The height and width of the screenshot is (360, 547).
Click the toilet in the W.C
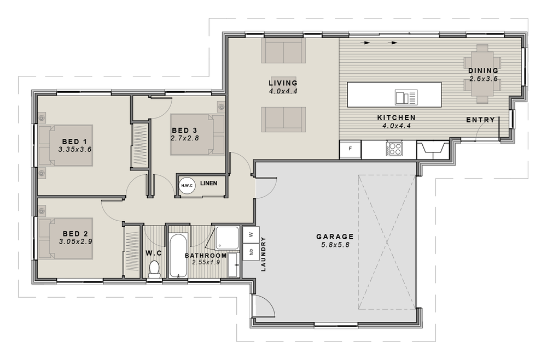(x=154, y=270)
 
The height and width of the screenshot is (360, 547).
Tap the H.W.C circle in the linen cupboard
(x=187, y=185)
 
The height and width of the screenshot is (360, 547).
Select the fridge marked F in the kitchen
(x=350, y=149)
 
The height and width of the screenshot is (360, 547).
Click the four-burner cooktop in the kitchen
(x=394, y=149)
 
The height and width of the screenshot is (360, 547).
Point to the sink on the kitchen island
(x=406, y=97)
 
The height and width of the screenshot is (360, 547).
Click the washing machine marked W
(x=251, y=234)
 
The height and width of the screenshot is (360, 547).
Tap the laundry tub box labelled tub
(x=251, y=252)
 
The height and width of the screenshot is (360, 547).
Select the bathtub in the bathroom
(x=178, y=256)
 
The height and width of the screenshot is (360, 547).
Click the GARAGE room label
(x=335, y=237)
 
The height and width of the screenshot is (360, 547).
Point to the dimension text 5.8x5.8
(x=335, y=245)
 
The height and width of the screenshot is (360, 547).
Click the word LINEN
(x=208, y=184)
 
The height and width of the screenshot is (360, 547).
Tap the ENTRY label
(x=480, y=120)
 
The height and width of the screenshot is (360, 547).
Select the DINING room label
(x=483, y=71)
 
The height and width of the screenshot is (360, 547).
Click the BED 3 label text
(x=184, y=131)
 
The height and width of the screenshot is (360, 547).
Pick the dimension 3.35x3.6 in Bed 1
(x=74, y=150)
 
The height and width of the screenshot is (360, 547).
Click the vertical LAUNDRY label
(x=264, y=254)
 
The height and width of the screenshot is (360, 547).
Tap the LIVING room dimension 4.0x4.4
(x=283, y=91)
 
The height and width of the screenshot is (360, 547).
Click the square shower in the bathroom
(x=227, y=238)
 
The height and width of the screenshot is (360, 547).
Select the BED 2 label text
(x=75, y=234)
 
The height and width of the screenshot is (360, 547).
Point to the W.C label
(x=154, y=253)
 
